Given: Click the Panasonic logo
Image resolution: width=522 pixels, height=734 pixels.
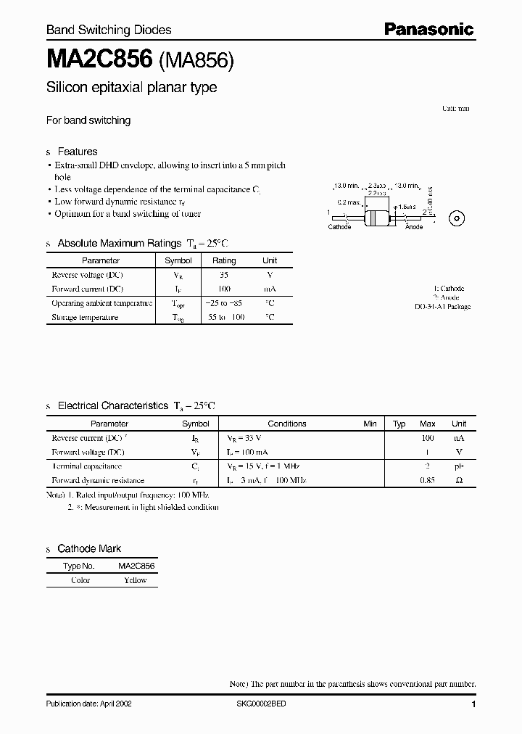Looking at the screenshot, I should pos(428,29).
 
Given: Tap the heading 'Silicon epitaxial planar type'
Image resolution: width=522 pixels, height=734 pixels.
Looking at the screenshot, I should pos(131,88).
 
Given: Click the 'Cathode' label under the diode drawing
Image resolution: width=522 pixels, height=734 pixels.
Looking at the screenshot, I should pos(339,227).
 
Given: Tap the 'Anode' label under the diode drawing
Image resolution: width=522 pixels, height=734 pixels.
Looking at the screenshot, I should pos(414,227).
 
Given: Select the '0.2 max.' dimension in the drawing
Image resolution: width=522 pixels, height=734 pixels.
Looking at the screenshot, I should pos(349,202).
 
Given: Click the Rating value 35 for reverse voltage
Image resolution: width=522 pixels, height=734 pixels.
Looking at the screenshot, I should pos(224,275).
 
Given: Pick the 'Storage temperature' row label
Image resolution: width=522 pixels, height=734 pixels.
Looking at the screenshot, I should pos(85,317).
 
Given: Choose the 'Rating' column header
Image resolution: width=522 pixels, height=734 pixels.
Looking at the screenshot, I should pos(224,260).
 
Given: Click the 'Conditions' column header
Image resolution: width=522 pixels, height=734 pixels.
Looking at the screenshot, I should pos(287,424).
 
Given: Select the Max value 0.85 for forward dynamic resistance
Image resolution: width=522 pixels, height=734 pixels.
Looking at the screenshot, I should pos(428,480).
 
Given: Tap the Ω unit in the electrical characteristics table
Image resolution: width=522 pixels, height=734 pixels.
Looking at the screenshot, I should pos(459,480).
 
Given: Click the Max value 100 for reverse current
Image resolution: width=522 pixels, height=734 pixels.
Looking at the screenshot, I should pos(428,438).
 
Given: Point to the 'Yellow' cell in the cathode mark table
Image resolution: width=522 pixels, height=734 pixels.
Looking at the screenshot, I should pos(135,580).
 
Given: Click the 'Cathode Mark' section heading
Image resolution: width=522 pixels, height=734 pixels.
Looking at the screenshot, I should pos(89,549).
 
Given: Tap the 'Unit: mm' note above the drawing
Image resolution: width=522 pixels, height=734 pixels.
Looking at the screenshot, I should pos(456,108).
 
